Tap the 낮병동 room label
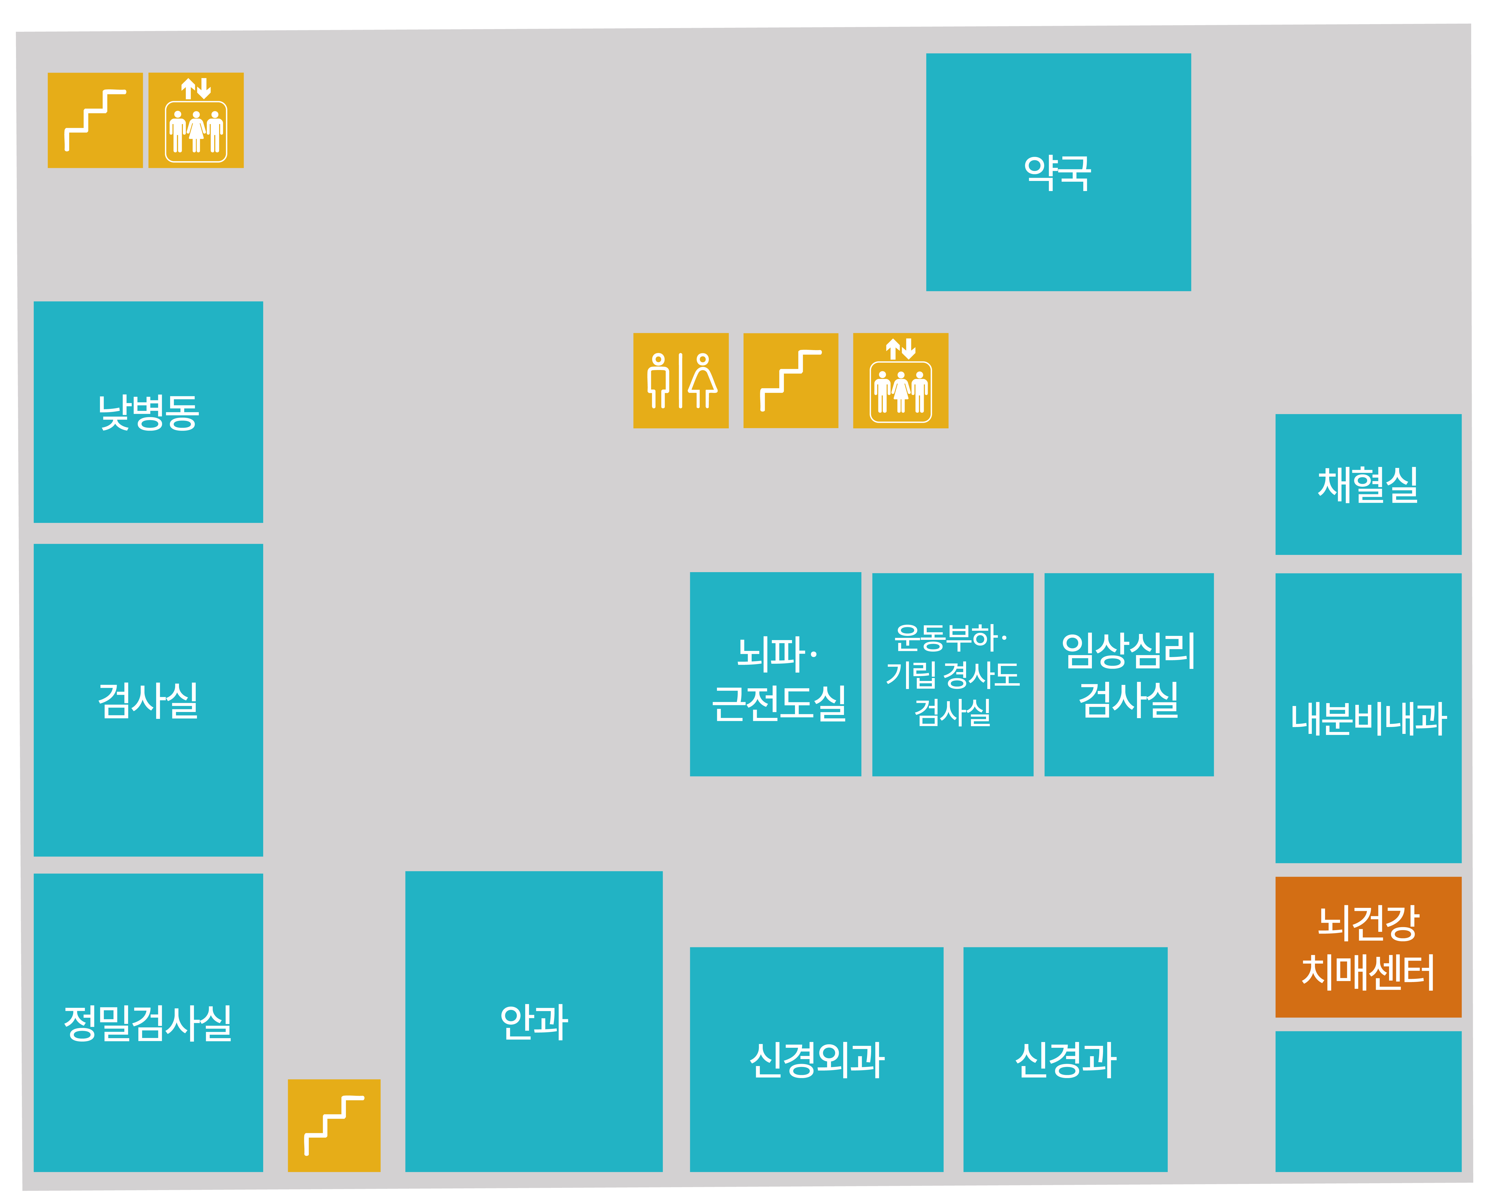click(x=149, y=413)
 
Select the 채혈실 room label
click(x=1368, y=484)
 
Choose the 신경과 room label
click(x=1065, y=1059)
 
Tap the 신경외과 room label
click(x=817, y=1059)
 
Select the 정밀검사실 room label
click(x=148, y=1023)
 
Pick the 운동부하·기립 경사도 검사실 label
click(x=952, y=674)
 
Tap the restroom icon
click(x=681, y=381)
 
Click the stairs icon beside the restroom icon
click(x=791, y=381)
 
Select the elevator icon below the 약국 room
click(x=901, y=381)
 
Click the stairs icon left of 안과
click(x=334, y=1125)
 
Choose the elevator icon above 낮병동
click(x=196, y=120)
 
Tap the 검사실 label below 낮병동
click(x=149, y=700)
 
